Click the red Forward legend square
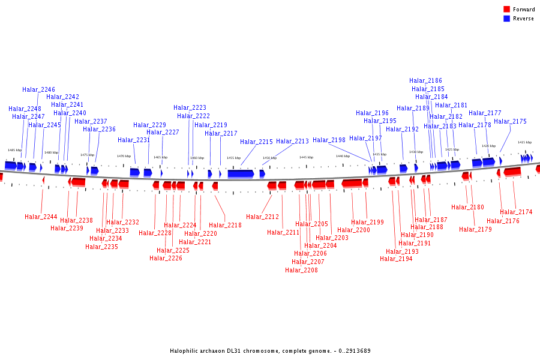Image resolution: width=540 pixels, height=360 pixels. pyautogui.click(x=506, y=9)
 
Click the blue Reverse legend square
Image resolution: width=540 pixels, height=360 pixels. pyautogui.click(x=506, y=18)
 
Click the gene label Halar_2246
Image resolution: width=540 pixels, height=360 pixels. pyautogui.click(x=38, y=89)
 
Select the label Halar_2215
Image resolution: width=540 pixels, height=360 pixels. pyautogui.click(x=256, y=142)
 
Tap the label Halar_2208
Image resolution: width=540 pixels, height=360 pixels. pyautogui.click(x=301, y=270)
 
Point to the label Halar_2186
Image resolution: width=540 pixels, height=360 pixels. pyautogui.click(x=425, y=80)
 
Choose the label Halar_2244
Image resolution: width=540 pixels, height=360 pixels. pyautogui.click(x=41, y=217)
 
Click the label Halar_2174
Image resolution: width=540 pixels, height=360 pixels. pyautogui.click(x=516, y=212)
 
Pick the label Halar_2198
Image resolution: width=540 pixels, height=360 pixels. pyautogui.click(x=329, y=140)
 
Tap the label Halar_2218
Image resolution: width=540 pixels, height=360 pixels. pyautogui.click(x=225, y=225)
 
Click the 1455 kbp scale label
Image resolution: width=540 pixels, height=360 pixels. pyautogui.click(x=233, y=158)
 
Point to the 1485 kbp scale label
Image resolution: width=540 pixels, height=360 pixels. pyautogui.click(x=14, y=150)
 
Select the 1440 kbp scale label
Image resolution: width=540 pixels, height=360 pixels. pyautogui.click(x=343, y=156)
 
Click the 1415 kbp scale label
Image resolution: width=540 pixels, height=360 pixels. pyautogui.click(x=524, y=142)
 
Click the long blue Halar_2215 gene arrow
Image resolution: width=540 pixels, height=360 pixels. pyautogui.click(x=241, y=173)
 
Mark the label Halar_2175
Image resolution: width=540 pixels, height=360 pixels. pyautogui.click(x=510, y=121)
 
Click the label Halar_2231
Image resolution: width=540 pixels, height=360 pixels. pyautogui.click(x=134, y=140)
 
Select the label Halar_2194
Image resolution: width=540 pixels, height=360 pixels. pyautogui.click(x=396, y=259)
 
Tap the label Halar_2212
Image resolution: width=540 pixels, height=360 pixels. pyautogui.click(x=262, y=217)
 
